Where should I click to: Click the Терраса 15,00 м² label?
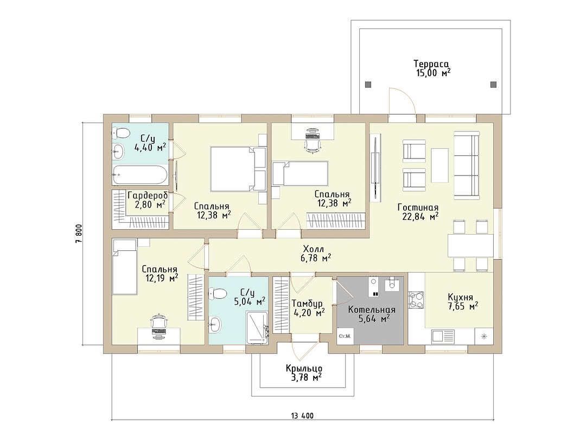pos(433,68)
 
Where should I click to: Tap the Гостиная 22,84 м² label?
pos(418,212)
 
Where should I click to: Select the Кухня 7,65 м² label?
pos(463,301)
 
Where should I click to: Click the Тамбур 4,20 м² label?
pos(308,307)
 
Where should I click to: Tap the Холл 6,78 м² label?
pos(316,253)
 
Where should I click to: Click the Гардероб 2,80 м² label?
pos(147,200)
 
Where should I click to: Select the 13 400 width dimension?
pos(302,415)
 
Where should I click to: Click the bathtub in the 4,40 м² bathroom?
pos(140,175)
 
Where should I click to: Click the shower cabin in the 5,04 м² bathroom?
pos(257,327)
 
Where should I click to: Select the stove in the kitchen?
pos(416,300)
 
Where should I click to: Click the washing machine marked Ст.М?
pos(345,336)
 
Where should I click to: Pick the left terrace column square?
pos(368,84)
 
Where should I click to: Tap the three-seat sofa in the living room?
pos(467,165)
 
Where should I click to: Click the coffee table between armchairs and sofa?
pos(439,165)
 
